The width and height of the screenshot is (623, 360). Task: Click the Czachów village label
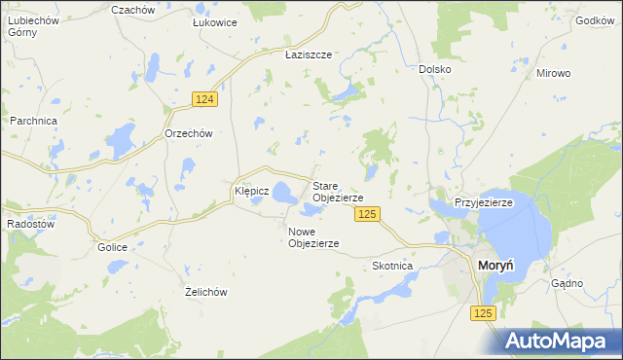click(x=133, y=9)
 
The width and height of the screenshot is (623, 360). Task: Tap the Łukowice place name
click(x=215, y=22)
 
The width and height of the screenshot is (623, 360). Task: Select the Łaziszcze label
click(x=309, y=55)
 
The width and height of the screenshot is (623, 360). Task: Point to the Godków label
click(x=595, y=19)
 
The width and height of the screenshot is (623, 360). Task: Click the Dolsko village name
click(x=434, y=69)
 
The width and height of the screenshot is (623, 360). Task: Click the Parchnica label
click(x=34, y=121)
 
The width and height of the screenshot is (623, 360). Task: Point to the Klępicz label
click(x=251, y=192)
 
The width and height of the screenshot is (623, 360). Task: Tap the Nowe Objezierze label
click(x=313, y=236)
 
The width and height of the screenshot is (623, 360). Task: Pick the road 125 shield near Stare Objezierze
click(x=366, y=214)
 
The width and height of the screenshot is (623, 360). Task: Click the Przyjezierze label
click(x=484, y=202)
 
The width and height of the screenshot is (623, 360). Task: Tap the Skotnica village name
click(x=393, y=266)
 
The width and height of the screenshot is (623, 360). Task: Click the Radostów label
click(x=29, y=222)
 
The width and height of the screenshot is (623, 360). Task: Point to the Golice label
click(x=112, y=247)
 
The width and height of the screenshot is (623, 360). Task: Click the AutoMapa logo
click(x=560, y=341)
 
